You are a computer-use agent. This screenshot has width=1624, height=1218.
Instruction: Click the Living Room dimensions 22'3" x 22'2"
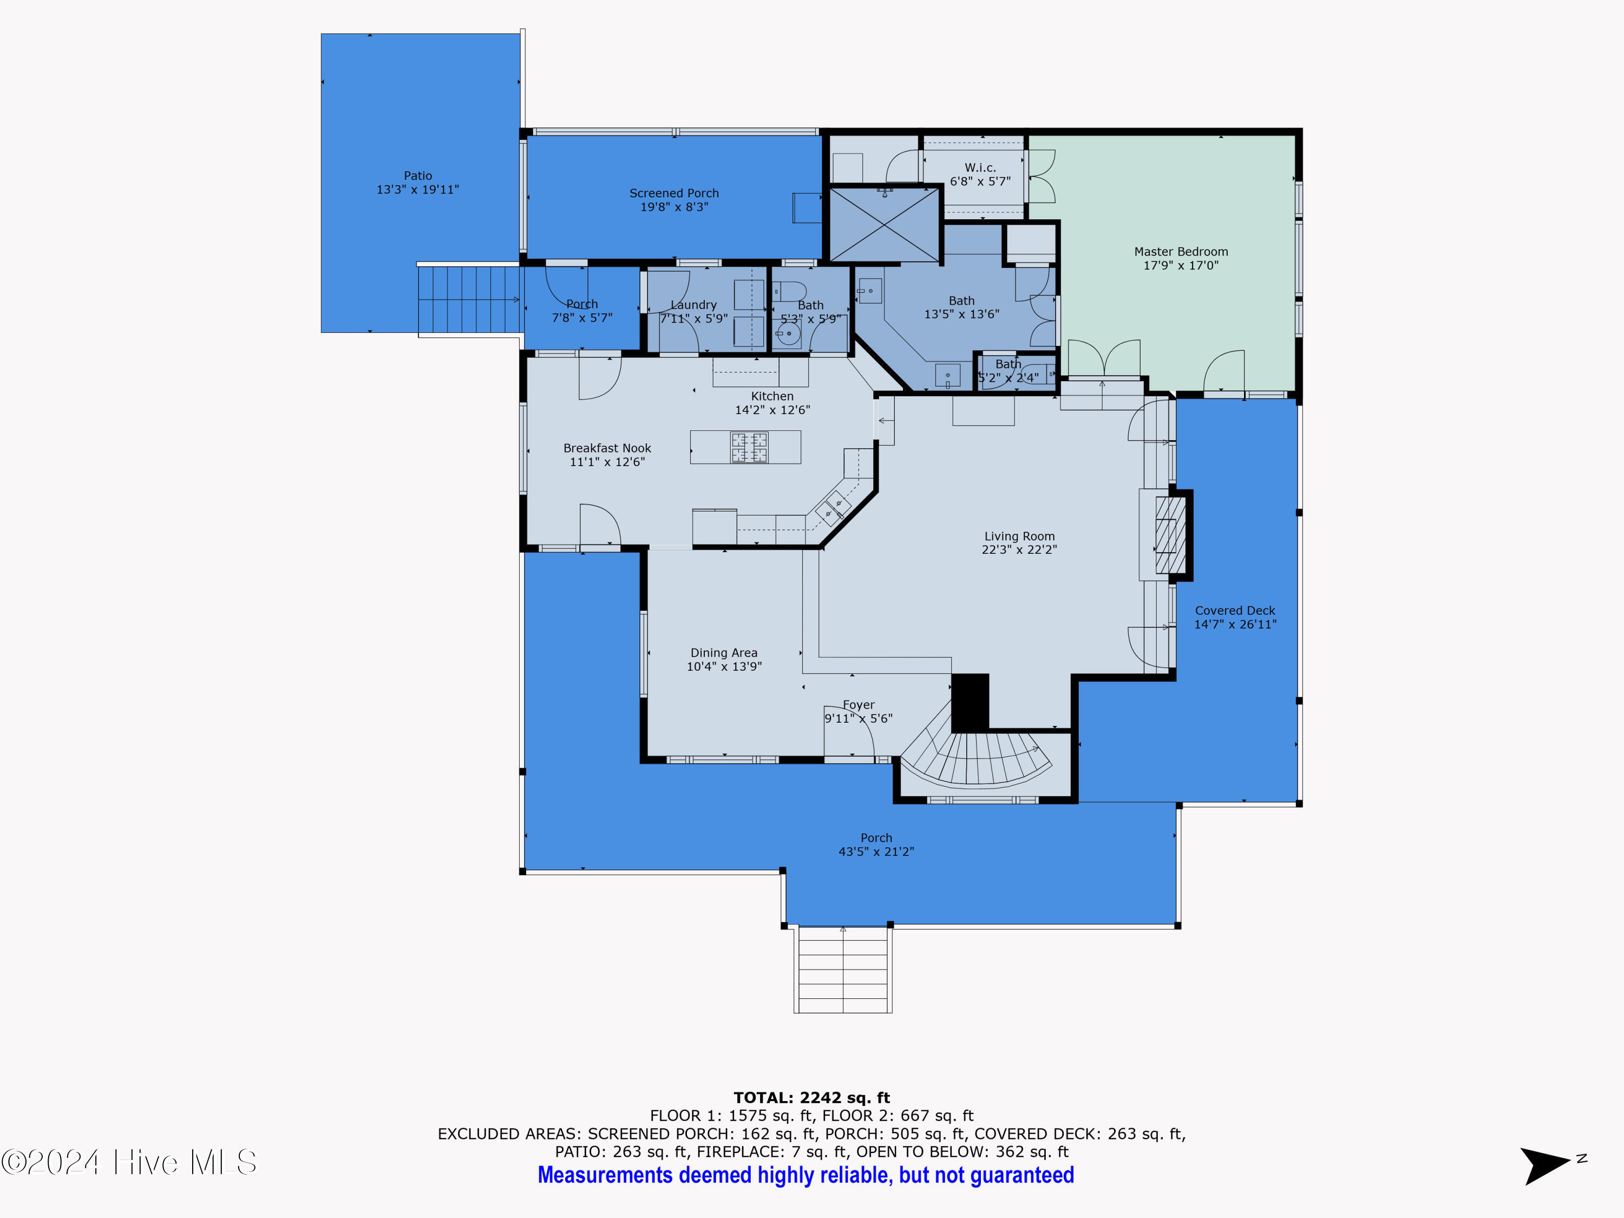(1019, 549)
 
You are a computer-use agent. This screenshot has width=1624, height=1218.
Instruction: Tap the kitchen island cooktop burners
(749, 447)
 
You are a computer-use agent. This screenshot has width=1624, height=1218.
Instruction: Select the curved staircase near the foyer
(977, 752)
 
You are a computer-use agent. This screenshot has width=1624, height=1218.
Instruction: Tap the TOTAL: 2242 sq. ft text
(811, 1098)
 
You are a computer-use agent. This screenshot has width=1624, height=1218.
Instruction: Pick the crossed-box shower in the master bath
(885, 224)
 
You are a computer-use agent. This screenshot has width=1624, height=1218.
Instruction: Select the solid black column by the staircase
(970, 702)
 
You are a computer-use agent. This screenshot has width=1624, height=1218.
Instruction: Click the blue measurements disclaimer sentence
(806, 1175)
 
